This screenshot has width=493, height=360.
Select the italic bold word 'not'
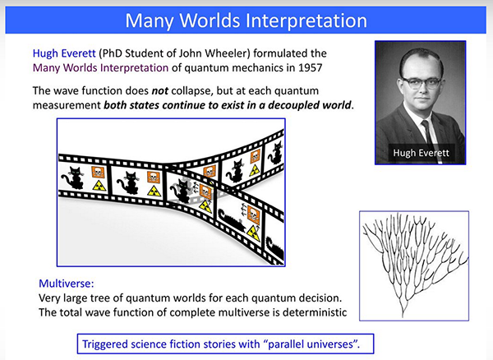click(160, 91)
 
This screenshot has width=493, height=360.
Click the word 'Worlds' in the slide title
click(210, 21)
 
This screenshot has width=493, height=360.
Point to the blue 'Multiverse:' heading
click(67, 284)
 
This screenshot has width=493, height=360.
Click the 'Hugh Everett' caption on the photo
click(421, 153)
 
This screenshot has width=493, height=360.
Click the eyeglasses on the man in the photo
click(422, 83)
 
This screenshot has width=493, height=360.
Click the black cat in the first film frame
click(74, 178)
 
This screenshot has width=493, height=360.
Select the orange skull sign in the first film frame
click(98, 173)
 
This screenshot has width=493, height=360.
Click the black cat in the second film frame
click(128, 182)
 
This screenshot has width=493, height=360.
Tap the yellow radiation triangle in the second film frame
click(154, 191)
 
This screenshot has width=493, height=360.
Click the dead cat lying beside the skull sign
click(231, 220)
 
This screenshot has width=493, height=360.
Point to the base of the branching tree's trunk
click(403, 316)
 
